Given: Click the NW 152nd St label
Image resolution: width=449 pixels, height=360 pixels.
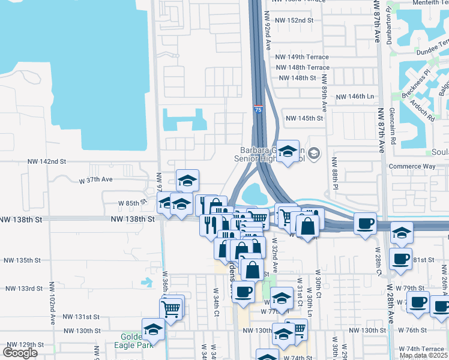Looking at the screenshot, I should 294,20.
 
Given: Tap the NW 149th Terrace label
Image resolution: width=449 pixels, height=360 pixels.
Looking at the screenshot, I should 303,57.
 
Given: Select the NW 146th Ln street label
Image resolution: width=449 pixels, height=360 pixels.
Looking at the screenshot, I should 354,97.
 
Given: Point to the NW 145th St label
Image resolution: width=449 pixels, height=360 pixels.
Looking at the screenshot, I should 304,119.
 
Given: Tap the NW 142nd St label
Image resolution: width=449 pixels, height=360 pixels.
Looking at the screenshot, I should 47,161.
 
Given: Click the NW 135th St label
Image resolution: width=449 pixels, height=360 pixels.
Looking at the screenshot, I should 22,260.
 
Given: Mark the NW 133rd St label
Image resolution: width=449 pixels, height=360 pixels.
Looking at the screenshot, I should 22,289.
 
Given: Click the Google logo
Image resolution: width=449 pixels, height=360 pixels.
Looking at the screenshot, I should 20,353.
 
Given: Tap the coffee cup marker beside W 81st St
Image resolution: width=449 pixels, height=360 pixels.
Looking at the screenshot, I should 400,259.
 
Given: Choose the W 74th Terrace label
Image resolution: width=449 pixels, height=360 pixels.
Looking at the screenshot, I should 424,349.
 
